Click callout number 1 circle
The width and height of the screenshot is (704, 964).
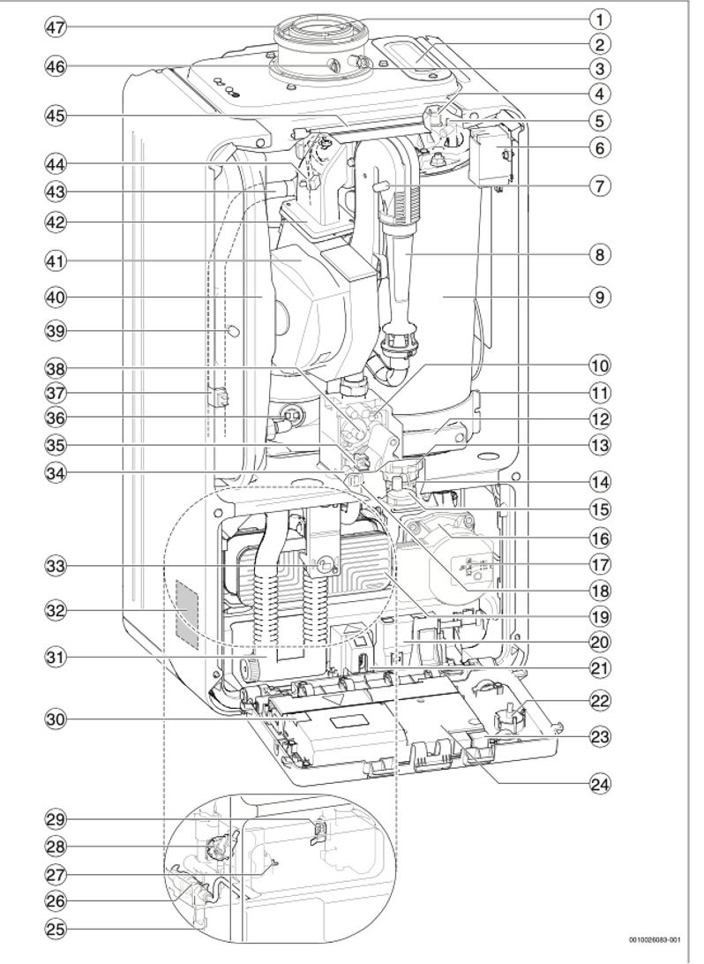(600, 19)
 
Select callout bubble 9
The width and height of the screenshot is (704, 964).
(600, 297)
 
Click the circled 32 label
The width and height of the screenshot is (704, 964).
(56, 611)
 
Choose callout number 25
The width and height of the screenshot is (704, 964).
(56, 929)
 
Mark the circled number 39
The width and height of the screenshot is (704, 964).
(56, 331)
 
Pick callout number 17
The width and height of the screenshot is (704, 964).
(600, 563)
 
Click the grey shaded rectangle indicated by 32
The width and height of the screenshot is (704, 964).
(187, 614)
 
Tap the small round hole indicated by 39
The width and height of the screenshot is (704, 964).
(234, 331)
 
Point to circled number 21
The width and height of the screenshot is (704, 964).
(600, 667)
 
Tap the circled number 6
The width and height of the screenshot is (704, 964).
(600, 147)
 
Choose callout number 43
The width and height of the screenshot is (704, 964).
(56, 192)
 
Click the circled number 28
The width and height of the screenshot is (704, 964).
(56, 847)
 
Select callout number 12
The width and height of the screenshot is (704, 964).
(600, 420)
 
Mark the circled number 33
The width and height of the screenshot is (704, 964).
(56, 565)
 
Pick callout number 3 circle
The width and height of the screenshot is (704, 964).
(600, 68)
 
